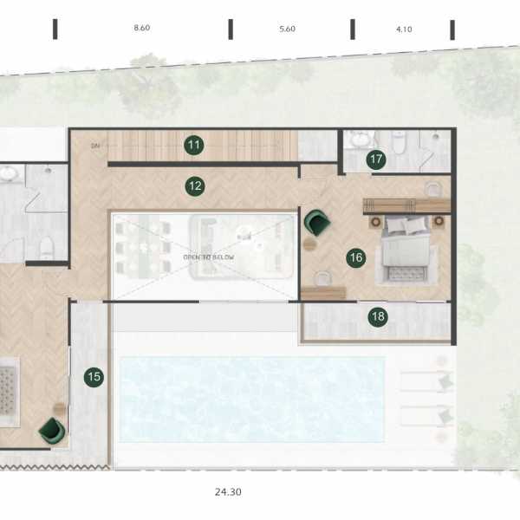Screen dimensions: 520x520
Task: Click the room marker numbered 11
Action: click(x=194, y=146)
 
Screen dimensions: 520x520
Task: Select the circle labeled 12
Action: click(x=194, y=185)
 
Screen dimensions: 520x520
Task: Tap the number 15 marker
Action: click(x=94, y=377)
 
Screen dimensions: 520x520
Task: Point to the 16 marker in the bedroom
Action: click(x=354, y=257)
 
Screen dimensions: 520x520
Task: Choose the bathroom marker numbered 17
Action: click(x=375, y=159)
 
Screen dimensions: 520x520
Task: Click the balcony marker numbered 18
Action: click(x=377, y=316)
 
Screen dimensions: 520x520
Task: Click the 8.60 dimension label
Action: click(x=142, y=29)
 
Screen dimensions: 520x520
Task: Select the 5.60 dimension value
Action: click(x=288, y=29)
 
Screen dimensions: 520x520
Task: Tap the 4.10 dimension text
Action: click(x=404, y=29)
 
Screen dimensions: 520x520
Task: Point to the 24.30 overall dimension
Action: click(x=228, y=491)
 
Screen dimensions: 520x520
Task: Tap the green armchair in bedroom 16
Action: click(x=317, y=223)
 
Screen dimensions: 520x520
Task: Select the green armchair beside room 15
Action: click(x=52, y=429)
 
